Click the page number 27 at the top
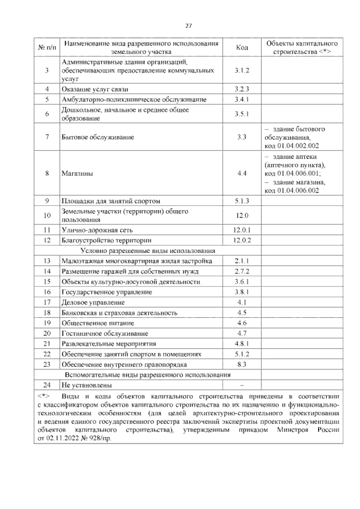point(188,26)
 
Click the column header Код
point(242,47)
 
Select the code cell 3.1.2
point(242,71)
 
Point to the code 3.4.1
point(242,100)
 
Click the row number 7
point(47,137)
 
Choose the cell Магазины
point(77,173)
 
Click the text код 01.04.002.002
point(291,146)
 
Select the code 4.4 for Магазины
point(242,173)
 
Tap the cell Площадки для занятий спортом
point(111,201)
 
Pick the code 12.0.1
point(242,230)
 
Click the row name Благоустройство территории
point(106,240)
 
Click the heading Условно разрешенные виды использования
point(148,251)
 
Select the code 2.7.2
point(242,272)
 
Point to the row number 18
point(47,313)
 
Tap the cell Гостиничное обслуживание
point(105,333)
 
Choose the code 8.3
point(242,365)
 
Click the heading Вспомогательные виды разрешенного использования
point(148,375)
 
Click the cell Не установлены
point(87,385)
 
